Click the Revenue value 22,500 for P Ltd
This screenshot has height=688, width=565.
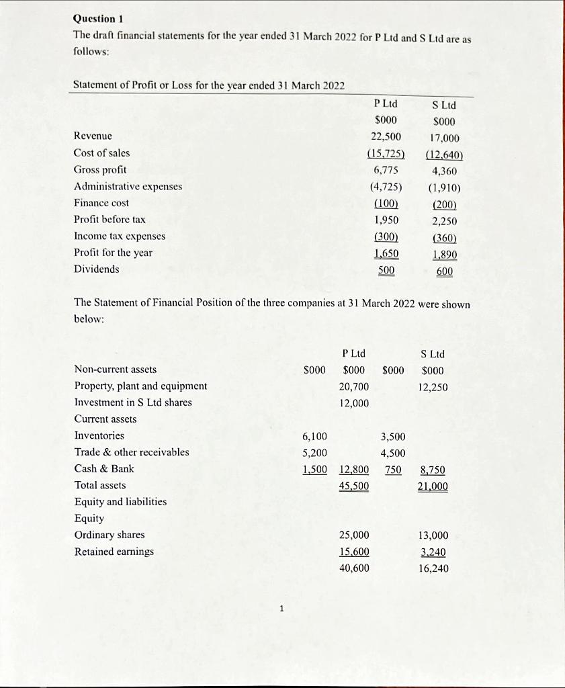(385, 136)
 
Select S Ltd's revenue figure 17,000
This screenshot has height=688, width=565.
(444, 138)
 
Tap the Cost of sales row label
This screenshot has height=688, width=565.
(101, 153)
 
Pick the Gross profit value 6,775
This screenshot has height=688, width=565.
(386, 170)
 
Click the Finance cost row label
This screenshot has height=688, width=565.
(101, 203)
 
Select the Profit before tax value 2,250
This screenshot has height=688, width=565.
(444, 221)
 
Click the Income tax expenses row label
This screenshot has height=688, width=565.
(120, 236)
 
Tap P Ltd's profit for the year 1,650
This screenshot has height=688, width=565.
(386, 253)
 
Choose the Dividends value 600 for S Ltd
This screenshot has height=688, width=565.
(445, 271)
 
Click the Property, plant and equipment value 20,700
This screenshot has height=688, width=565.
(355, 386)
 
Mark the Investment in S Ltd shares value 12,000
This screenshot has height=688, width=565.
(355, 402)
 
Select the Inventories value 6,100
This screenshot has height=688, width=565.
(314, 436)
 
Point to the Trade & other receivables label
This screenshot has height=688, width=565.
(132, 452)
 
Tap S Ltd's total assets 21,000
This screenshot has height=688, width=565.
(433, 486)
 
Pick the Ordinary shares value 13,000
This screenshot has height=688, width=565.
(433, 535)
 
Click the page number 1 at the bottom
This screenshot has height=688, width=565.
(283, 609)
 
